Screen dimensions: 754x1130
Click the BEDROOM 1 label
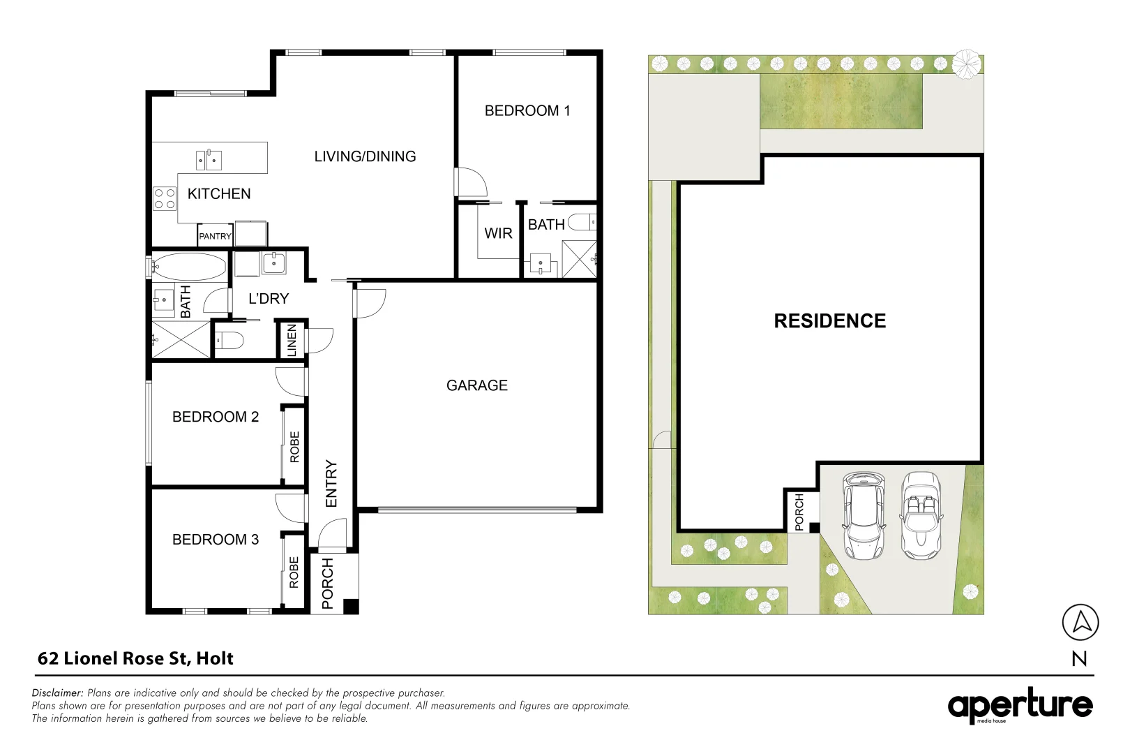point(527,110)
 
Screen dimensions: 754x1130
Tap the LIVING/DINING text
point(365,156)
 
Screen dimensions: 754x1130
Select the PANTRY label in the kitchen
point(215,236)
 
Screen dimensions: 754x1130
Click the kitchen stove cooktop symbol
point(165,199)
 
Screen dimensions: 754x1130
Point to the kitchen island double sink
point(209,160)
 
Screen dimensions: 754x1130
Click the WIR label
point(498,233)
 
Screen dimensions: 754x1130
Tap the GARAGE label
point(477,385)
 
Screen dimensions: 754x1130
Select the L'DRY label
point(269,299)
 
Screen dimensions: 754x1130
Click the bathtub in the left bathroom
point(189,267)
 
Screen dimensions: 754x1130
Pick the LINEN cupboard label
point(292,340)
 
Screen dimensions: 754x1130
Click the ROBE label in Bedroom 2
point(294,447)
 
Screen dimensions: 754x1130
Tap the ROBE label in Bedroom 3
point(294,572)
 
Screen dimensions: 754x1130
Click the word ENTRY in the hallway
point(331,483)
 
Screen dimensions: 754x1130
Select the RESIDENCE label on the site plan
point(829,321)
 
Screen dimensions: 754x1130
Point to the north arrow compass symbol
point(1080,622)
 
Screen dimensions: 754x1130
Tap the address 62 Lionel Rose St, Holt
point(135,658)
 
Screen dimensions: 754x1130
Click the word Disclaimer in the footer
point(57,693)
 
